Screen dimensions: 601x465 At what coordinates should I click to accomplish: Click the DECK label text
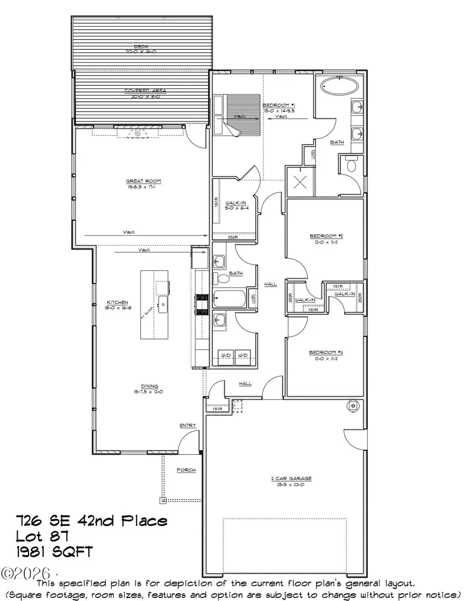(x=137, y=47)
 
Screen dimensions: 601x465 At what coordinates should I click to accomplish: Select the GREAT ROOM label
(x=144, y=181)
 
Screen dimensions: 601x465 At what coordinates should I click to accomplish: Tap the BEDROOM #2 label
(x=322, y=236)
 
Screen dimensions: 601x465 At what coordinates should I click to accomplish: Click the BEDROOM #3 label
(x=322, y=352)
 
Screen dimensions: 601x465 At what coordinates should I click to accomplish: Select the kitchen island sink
(x=163, y=304)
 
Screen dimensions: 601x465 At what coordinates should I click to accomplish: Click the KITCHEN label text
(x=117, y=303)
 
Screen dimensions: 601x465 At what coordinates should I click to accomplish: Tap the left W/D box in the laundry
(x=224, y=356)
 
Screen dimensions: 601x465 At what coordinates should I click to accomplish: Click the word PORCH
(x=186, y=470)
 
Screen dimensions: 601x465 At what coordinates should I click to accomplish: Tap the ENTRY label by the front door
(x=188, y=425)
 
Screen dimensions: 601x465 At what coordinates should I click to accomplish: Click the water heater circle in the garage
(x=353, y=406)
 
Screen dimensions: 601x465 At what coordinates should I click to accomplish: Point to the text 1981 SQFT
(x=54, y=552)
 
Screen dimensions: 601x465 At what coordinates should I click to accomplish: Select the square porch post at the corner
(x=162, y=500)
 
